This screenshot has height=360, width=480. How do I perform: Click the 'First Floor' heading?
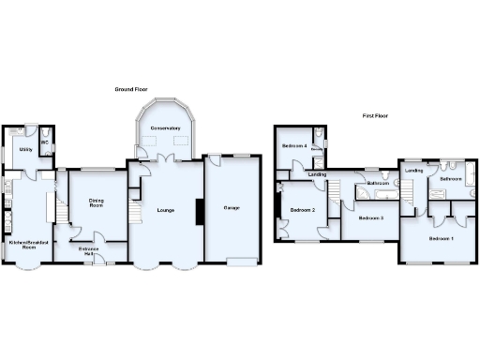pyautogui.click(x=376, y=117)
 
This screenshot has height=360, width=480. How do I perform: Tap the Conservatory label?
pyautogui.click(x=165, y=128)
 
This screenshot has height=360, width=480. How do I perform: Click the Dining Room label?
pyautogui.click(x=96, y=202)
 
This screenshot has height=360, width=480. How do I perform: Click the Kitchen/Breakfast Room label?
pyautogui.click(x=28, y=246)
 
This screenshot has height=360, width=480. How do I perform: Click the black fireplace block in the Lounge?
pyautogui.click(x=198, y=212)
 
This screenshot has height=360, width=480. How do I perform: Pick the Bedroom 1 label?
pyautogui.click(x=441, y=239)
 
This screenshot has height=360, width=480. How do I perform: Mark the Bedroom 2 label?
pyautogui.click(x=301, y=209)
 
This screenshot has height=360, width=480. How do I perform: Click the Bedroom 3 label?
pyautogui.click(x=369, y=217)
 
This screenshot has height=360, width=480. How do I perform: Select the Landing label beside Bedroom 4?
pyautogui.click(x=317, y=174)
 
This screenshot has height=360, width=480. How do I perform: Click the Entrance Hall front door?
pyautogui.click(x=97, y=261)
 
